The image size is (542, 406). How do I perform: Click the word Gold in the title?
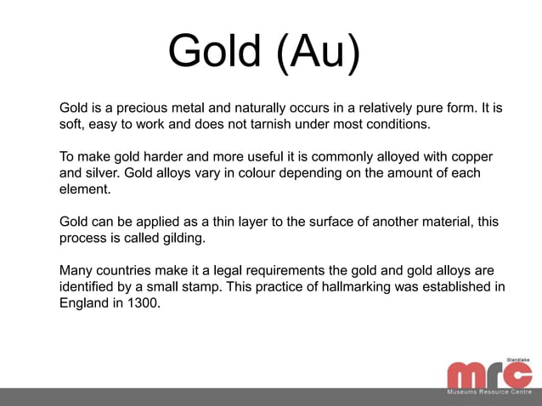[x=214, y=54]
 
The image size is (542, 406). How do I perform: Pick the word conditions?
[x=398, y=125]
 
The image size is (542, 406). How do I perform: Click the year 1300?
[x=141, y=302]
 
